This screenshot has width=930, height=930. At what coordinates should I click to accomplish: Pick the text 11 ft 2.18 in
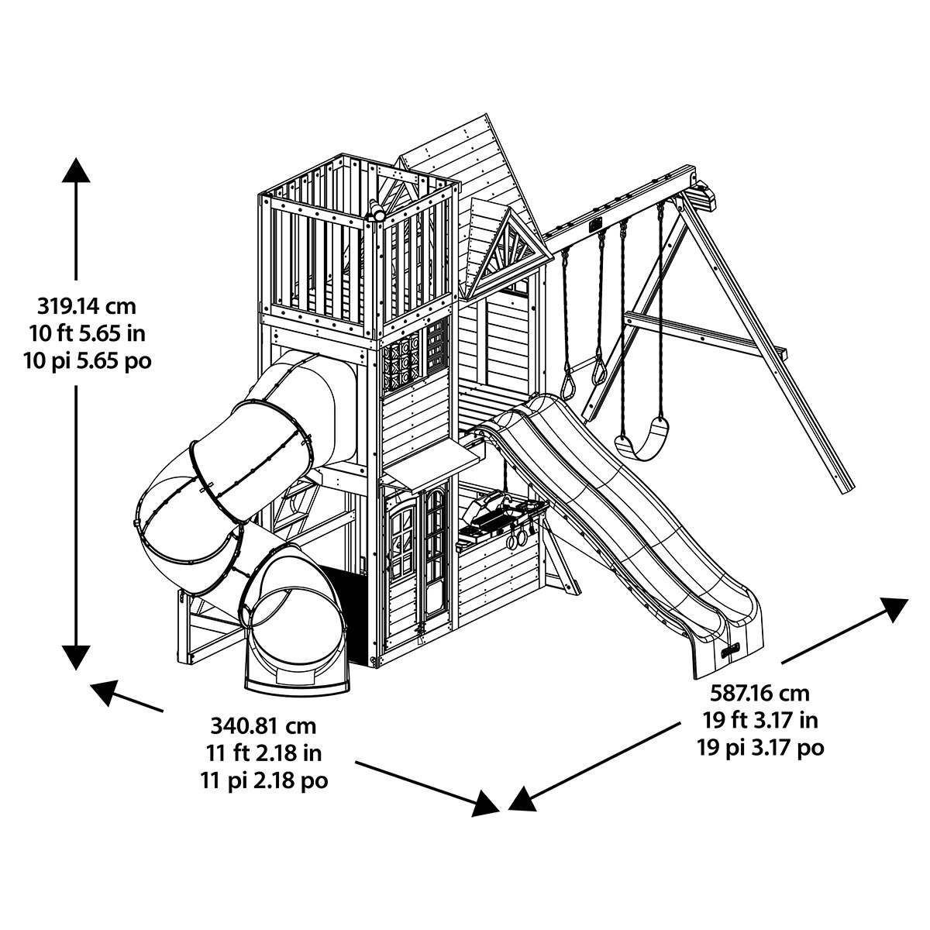(264, 753)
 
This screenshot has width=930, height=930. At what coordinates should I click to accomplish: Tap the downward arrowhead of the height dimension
(76, 656)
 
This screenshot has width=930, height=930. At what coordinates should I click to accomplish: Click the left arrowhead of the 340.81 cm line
(105, 690)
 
